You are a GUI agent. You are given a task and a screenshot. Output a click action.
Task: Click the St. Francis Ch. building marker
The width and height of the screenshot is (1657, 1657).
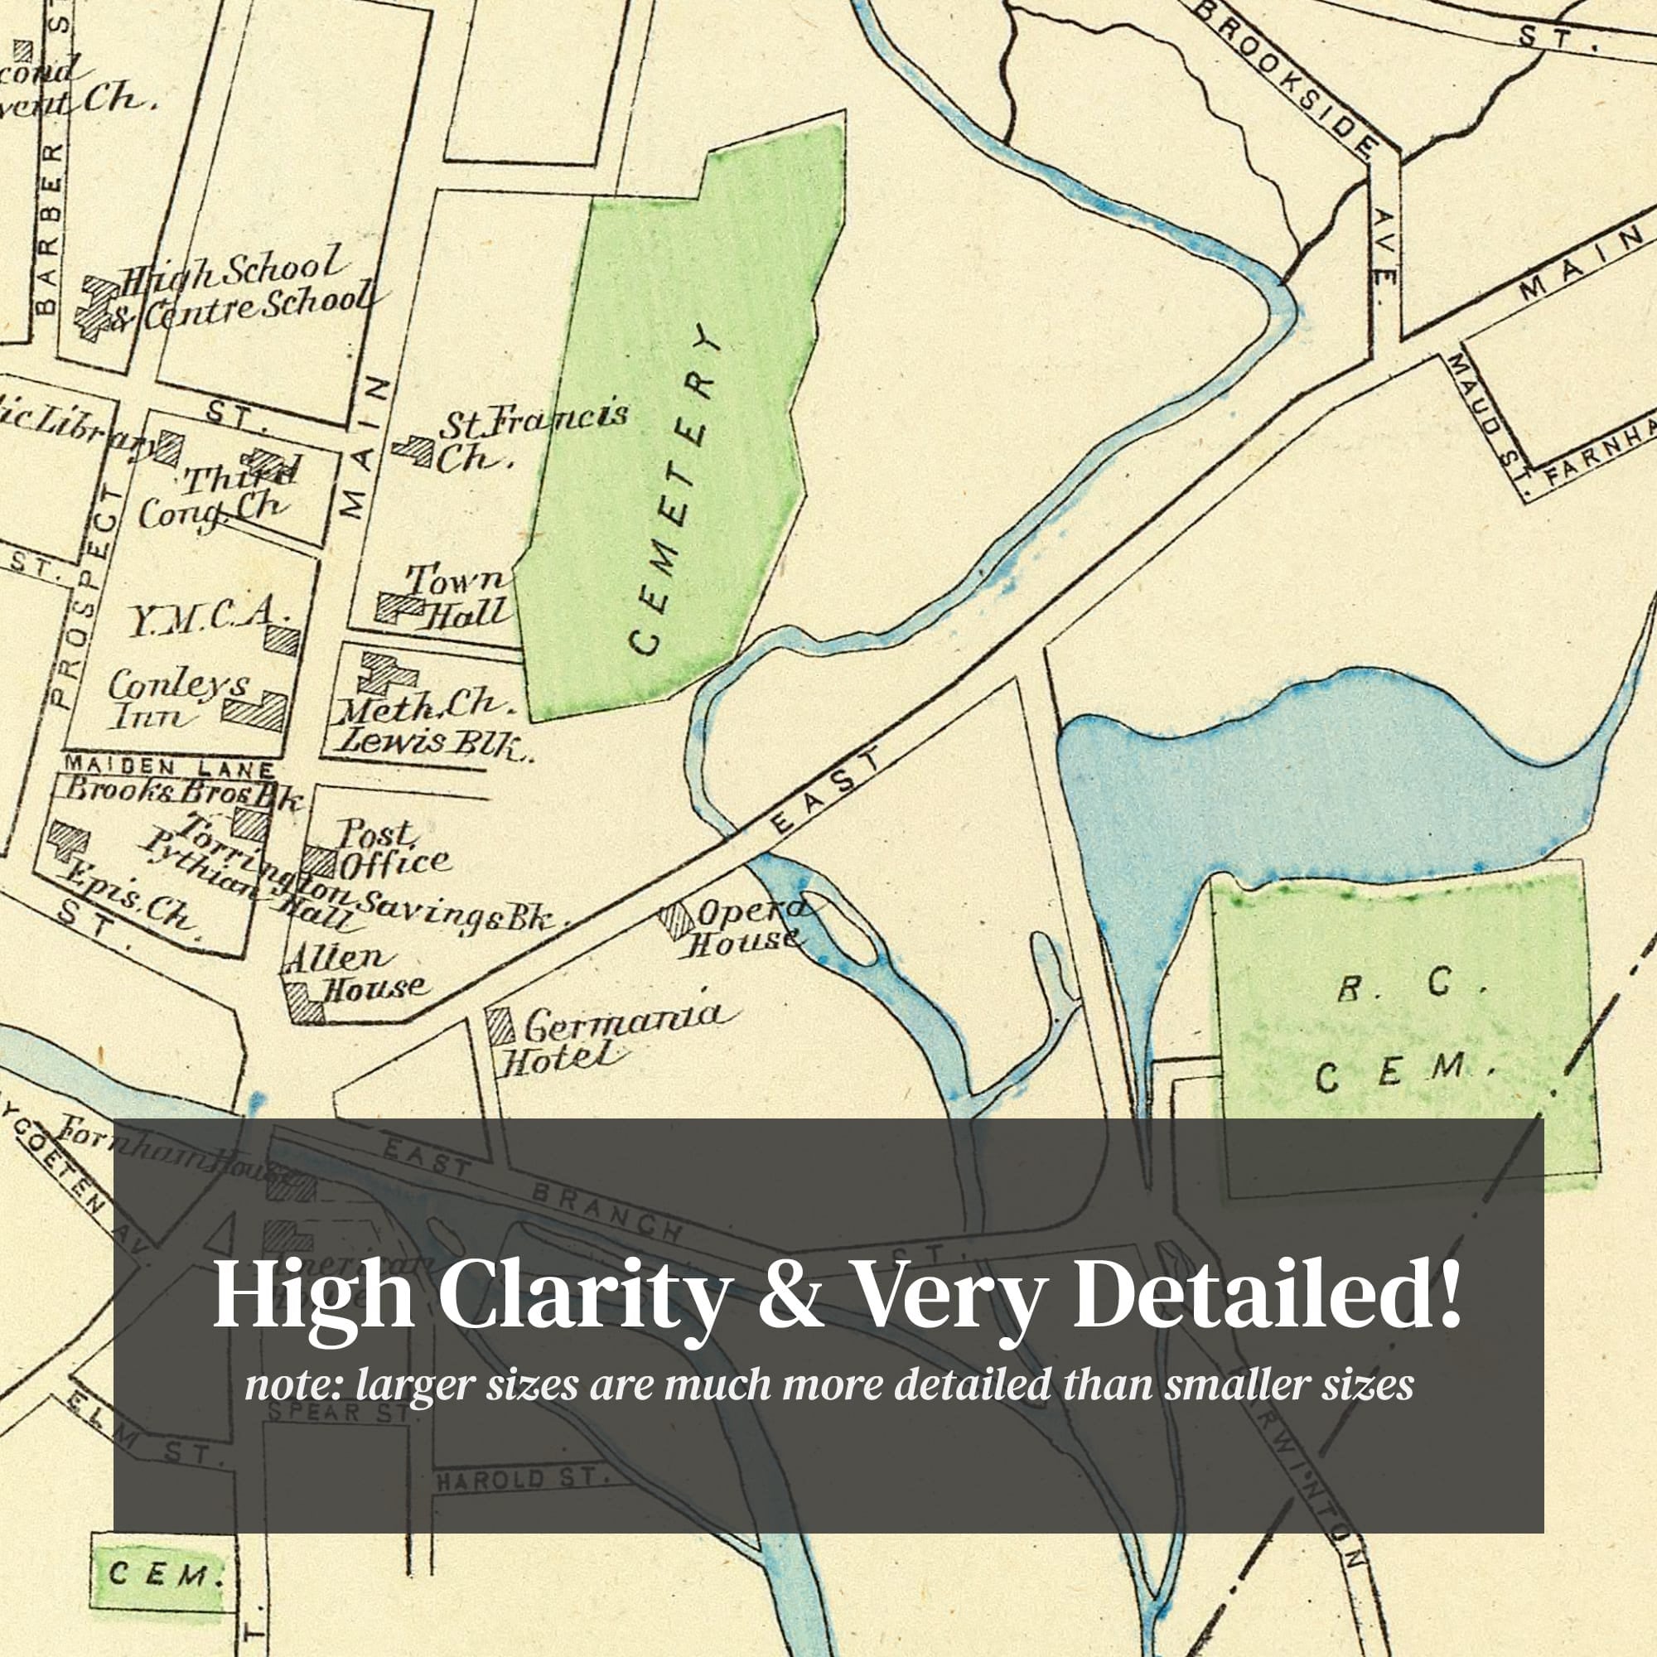pos(414,449)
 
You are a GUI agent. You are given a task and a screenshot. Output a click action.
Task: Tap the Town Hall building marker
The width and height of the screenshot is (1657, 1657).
pos(399,607)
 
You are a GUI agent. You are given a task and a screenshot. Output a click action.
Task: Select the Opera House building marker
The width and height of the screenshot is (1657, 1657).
pos(677,920)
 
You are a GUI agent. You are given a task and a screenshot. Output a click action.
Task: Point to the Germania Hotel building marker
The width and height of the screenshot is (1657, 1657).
pos(501,1027)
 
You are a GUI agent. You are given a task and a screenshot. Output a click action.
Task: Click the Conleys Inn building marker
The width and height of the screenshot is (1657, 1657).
pos(255,711)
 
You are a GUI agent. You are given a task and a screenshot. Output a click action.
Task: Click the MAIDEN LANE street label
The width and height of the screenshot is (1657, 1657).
pos(169,766)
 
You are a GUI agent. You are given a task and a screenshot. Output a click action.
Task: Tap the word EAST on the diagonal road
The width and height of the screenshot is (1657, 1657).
pos(826,790)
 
